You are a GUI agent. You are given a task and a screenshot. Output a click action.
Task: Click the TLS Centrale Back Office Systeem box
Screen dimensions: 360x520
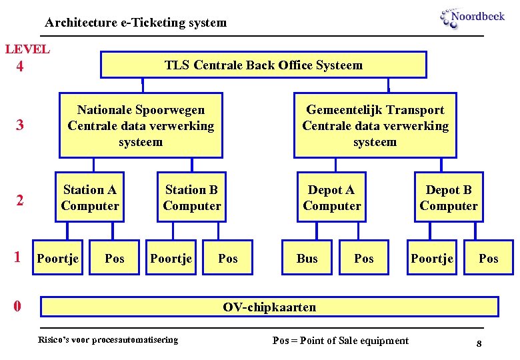tap(263, 65)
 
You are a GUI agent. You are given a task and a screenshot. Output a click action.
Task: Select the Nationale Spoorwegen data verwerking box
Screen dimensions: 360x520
tap(141, 125)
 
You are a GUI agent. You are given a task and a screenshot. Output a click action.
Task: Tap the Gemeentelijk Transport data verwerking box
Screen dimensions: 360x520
tap(375, 125)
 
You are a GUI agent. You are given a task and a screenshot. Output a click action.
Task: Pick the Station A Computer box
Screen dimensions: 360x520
tap(89, 198)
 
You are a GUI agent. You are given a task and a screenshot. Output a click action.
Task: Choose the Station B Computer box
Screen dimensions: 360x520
tap(191, 198)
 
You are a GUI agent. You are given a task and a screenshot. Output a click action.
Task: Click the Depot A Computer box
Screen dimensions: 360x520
tap(331, 198)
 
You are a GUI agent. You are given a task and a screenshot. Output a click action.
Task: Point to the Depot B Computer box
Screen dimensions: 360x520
tap(449, 198)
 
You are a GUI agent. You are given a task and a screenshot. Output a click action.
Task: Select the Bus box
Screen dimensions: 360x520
tap(307, 258)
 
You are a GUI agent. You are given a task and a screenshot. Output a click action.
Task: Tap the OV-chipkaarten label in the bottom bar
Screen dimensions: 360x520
tap(269, 307)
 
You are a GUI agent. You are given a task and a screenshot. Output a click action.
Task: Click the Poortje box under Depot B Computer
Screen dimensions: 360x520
tap(432, 258)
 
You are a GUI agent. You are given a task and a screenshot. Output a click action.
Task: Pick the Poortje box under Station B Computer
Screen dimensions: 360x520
tap(171, 258)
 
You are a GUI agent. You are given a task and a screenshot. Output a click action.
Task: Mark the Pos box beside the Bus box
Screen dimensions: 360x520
tap(364, 258)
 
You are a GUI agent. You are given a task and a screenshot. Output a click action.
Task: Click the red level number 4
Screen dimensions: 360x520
tap(20, 67)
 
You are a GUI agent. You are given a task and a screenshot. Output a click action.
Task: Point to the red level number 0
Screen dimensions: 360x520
tap(17, 307)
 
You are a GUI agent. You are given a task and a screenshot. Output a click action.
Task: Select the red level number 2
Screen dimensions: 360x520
tap(20, 200)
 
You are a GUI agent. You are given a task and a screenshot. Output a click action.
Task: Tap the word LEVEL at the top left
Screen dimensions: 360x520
tap(27, 49)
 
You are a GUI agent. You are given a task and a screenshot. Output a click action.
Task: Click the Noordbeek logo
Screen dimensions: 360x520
tap(472, 18)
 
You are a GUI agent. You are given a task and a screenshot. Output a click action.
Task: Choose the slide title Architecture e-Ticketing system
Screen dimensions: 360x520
tap(136, 23)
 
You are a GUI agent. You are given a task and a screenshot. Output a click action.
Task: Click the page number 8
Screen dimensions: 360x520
tap(479, 343)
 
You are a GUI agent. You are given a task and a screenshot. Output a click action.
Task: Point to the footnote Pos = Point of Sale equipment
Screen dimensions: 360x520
tap(341, 341)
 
